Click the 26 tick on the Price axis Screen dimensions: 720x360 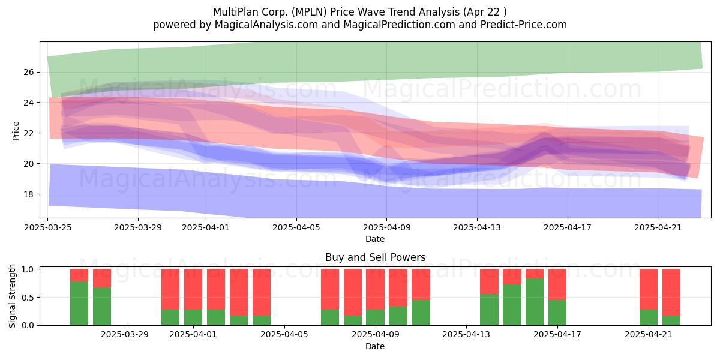pos(29,72)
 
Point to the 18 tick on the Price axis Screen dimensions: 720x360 pos(29,194)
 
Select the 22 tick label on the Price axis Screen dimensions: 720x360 pos(29,133)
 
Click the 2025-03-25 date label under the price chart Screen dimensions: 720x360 pos(48,227)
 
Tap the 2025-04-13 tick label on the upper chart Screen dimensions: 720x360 pos(477,227)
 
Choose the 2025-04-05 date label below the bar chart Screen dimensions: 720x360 pos(284,335)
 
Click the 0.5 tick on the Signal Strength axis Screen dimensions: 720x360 pos(28,298)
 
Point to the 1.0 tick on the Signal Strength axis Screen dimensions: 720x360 pos(28,269)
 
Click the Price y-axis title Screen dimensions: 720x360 pos(16,131)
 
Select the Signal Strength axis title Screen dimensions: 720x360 pos(12,296)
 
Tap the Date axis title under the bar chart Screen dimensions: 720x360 pos(375,346)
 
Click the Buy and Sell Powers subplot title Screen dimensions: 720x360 pos(375,257)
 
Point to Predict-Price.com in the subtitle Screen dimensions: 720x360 pos(524,25)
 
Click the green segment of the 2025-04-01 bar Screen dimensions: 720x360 pos(193,317)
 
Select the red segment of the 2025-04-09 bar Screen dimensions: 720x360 pos(375,289)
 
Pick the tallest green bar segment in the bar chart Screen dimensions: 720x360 pos(535,302)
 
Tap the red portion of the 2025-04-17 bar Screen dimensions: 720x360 pos(557,284)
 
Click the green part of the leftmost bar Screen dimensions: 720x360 pos(79,303)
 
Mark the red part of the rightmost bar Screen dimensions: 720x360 pos(671,292)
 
